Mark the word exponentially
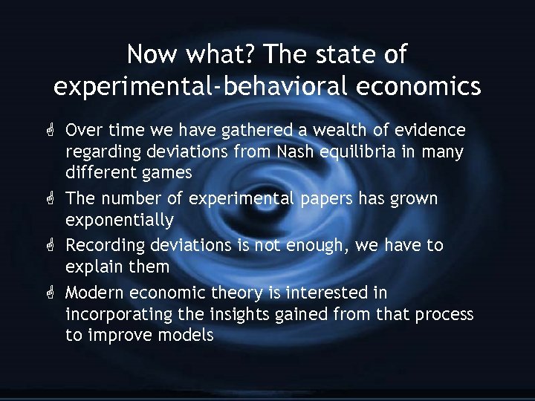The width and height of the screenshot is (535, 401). tap(120, 221)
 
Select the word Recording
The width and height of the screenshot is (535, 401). tap(105, 245)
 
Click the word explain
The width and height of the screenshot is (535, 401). tap(94, 267)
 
